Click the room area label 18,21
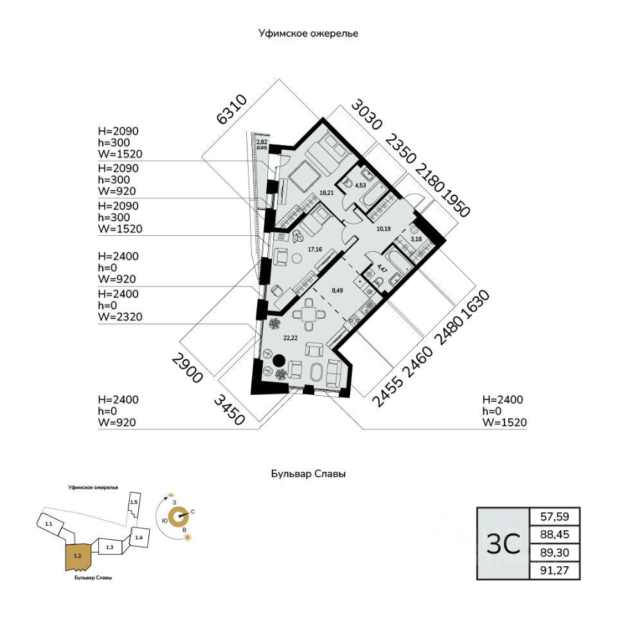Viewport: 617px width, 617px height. click(328, 192)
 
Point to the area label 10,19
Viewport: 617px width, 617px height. click(384, 229)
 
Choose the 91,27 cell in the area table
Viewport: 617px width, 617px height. click(554, 570)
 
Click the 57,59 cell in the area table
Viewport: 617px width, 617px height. click(554, 516)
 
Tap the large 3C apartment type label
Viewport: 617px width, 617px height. click(503, 544)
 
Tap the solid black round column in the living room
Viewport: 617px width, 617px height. click(280, 361)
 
